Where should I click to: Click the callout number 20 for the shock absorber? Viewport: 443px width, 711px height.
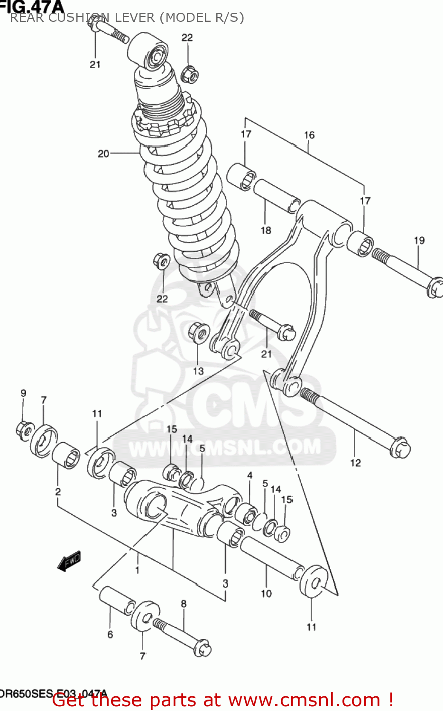pyautogui.click(x=103, y=154)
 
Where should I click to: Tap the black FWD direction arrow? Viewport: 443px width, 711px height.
pyautogui.click(x=69, y=561)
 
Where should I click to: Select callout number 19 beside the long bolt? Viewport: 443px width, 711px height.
pyautogui.click(x=419, y=240)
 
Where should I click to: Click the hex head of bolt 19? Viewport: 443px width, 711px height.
pyautogui.click(x=435, y=288)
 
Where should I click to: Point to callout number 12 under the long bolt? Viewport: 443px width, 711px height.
pyautogui.click(x=355, y=463)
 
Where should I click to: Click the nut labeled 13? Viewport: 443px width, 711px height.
pyautogui.click(x=199, y=333)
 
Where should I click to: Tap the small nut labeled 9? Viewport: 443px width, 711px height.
pyautogui.click(x=24, y=429)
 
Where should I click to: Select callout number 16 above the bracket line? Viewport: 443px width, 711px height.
pyautogui.click(x=309, y=135)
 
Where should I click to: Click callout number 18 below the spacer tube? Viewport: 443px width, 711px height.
pyautogui.click(x=266, y=230)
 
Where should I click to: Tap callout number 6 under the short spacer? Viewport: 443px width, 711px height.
pyautogui.click(x=110, y=634)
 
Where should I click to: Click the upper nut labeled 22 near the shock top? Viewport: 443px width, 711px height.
pyautogui.click(x=190, y=74)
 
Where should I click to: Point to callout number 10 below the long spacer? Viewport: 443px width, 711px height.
pyautogui.click(x=266, y=593)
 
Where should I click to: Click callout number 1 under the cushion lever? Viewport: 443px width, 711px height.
pyautogui.click(x=138, y=570)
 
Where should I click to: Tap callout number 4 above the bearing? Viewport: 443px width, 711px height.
pyautogui.click(x=249, y=475)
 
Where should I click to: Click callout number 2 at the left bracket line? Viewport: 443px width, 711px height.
pyautogui.click(x=58, y=492)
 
